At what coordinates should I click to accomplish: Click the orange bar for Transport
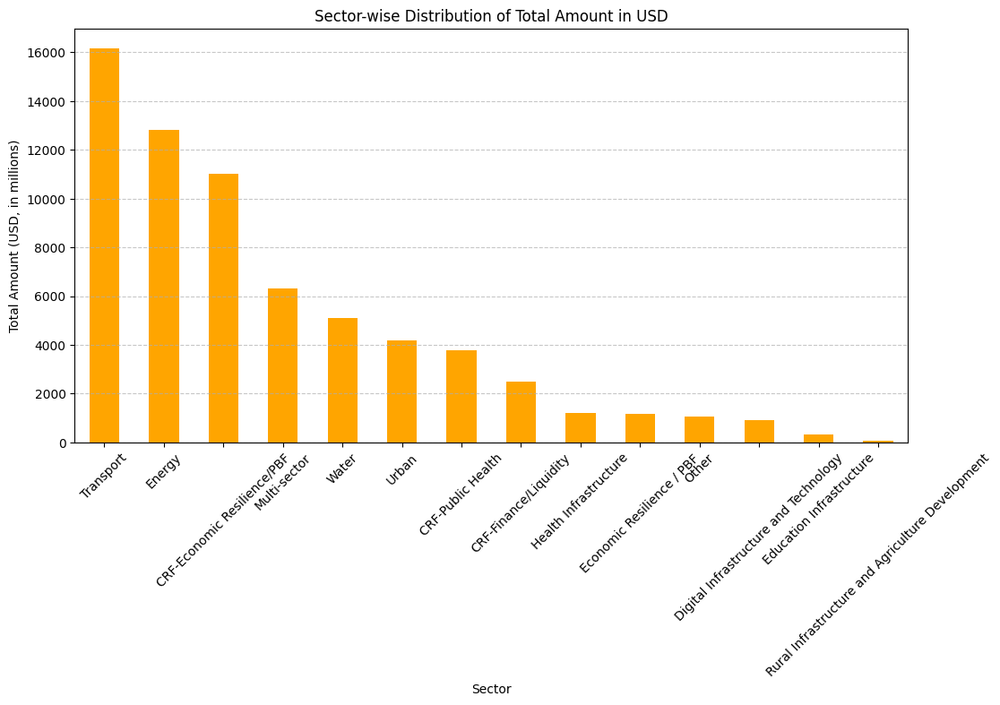(x=104, y=245)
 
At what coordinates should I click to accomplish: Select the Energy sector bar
(x=164, y=286)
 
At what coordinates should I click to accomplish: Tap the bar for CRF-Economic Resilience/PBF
(x=223, y=308)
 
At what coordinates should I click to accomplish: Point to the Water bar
(x=342, y=380)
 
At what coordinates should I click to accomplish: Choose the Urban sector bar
(x=401, y=391)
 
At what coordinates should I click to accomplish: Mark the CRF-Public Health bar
(x=461, y=396)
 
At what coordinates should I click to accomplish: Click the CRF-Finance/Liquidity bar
(x=521, y=412)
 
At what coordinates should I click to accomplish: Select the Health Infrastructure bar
(x=581, y=427)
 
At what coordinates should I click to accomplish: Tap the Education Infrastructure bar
(x=818, y=438)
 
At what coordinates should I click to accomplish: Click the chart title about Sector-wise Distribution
(x=491, y=16)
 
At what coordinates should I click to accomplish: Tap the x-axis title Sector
(x=491, y=689)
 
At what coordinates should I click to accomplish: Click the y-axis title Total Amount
(x=14, y=236)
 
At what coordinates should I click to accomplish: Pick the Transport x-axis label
(x=102, y=476)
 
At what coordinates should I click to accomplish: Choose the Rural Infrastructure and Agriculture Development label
(x=876, y=564)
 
